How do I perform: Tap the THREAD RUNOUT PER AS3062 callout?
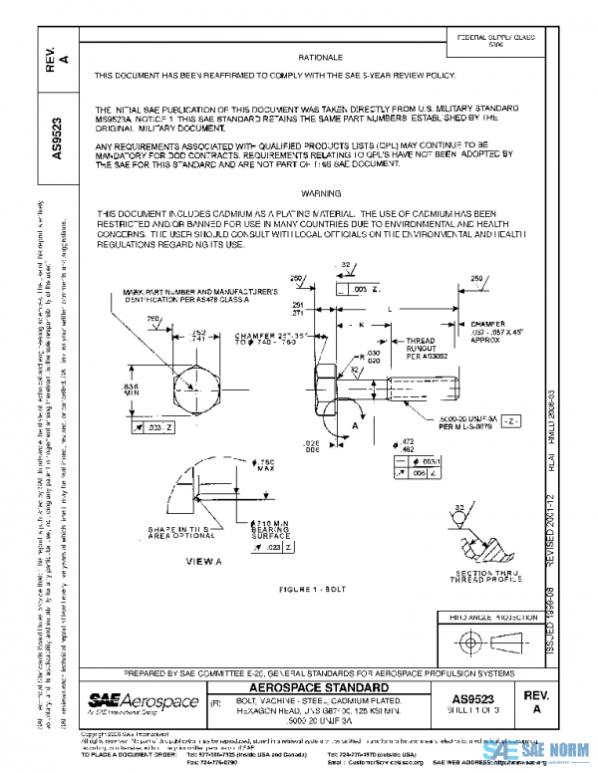[422, 347]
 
